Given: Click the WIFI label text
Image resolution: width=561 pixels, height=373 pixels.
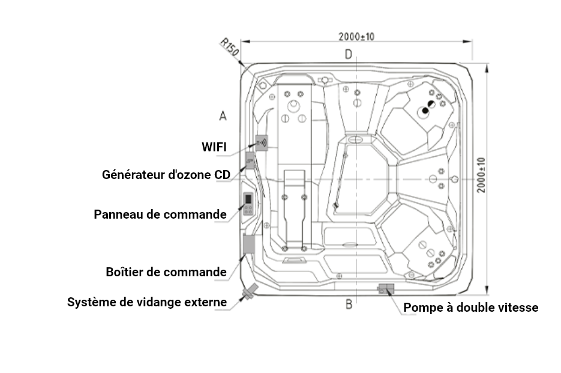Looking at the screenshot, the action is point(214,147).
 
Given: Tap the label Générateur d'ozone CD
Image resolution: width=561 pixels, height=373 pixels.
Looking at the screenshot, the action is point(166,175).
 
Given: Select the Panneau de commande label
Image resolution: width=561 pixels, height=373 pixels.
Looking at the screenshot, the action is point(160,214).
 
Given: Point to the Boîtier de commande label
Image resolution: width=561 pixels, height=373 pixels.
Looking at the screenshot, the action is point(166,272).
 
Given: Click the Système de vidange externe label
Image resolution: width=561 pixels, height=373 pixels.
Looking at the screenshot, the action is point(147,302).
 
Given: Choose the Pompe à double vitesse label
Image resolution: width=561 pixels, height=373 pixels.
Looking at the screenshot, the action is point(471,308).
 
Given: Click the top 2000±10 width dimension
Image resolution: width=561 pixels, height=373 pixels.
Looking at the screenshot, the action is point(356,37).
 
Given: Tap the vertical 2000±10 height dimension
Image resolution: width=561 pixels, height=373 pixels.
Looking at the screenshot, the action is point(482,175).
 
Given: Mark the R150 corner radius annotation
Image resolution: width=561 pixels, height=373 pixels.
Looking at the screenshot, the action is point(230,47).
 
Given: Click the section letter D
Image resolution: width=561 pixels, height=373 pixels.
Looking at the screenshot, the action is point(349,55).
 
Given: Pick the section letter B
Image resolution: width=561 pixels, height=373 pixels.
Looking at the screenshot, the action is point(349,305).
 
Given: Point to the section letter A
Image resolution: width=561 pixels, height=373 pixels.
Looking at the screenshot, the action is point(223,116).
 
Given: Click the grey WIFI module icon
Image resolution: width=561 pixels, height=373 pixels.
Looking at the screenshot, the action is point(262,143).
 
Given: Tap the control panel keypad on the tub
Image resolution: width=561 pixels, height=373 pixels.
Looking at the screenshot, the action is point(248,204).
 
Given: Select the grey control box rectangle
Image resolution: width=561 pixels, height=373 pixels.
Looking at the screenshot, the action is point(248,244).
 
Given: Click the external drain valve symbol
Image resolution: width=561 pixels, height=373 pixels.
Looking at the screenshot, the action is point(250,292).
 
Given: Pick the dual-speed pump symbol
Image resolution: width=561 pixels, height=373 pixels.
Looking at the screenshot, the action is point(386,289).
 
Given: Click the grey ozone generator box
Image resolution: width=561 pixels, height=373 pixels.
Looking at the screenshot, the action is point(250,160).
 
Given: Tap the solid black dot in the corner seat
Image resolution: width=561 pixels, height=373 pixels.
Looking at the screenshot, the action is point(425,111).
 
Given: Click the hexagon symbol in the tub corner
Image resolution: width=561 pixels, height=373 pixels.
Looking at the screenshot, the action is point(263,85).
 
